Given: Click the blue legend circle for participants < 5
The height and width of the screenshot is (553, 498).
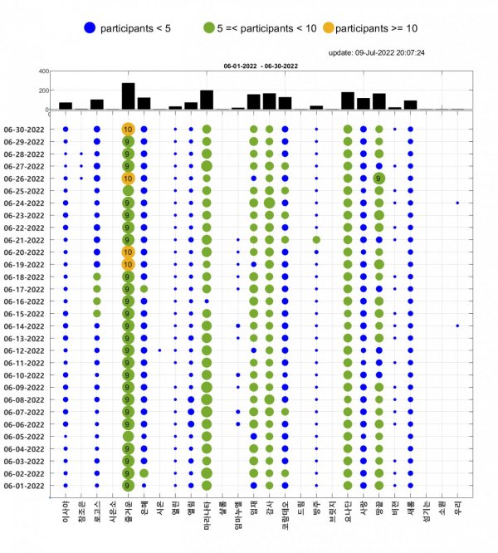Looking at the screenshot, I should coord(90,28).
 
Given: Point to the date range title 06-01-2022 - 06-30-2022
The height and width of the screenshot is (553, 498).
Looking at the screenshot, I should coord(259,64).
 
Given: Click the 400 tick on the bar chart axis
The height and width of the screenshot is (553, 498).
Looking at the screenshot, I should coord(42,71).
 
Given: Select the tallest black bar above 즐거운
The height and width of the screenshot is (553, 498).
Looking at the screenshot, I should coord(128,95).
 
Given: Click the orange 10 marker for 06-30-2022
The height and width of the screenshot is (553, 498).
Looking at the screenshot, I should coord(128,130).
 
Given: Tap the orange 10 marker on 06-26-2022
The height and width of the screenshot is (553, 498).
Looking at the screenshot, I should coord(128,179).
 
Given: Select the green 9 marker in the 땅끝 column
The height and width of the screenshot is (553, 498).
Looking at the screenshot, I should coord(379,179).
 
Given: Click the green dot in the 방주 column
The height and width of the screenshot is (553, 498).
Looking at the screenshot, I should coord(316,240).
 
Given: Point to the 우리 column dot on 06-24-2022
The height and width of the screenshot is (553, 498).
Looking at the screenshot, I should coord(457,203).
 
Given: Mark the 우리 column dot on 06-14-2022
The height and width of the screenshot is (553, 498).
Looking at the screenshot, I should coord(457,325).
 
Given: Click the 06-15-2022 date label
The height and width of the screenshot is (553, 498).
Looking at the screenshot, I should coord(29,314).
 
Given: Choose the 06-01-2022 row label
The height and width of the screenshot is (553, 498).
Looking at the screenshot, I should coord(29,486).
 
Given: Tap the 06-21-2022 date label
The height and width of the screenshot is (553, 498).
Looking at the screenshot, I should coord(29,240).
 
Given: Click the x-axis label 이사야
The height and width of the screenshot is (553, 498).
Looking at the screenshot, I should coord(66,509).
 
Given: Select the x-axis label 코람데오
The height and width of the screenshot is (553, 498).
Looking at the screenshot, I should coord(285,514).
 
